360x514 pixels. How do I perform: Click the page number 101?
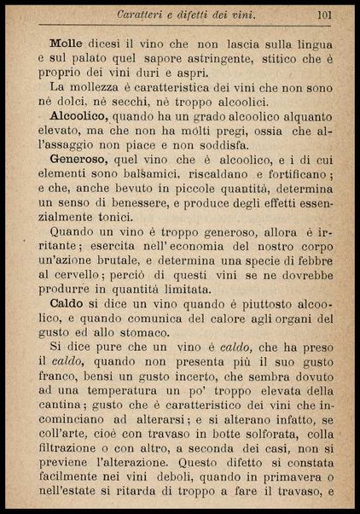pyautogui.click(x=323, y=14)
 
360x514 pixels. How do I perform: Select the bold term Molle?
pyautogui.click(x=66, y=42)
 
